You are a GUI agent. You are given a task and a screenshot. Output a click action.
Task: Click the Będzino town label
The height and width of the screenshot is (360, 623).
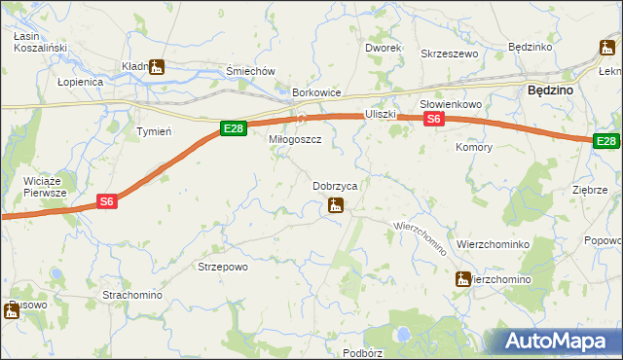coord(549,89)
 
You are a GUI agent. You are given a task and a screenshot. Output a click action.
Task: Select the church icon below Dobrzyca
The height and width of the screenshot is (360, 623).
coord(335,205)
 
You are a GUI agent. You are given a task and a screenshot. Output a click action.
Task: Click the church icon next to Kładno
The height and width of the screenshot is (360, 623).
coord(157,67)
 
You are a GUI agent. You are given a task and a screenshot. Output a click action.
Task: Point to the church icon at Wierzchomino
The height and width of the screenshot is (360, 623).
coord(462,279)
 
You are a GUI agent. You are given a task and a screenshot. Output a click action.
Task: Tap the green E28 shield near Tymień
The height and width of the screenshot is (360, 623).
coord(232,127)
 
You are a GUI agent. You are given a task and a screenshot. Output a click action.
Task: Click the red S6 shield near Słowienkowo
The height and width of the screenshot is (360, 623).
coord(434,119)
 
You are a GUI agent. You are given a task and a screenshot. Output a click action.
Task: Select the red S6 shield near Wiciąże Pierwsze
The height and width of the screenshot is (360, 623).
coord(108,201)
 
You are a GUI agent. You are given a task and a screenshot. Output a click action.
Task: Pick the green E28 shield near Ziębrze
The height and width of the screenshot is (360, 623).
coord(606,141)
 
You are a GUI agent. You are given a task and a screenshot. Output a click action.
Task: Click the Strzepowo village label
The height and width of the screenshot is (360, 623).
coord(224,267)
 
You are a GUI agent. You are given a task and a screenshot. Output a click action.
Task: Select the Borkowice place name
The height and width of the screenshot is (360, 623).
coord(317,92)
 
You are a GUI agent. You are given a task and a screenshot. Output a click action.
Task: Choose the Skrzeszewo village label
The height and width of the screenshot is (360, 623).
coord(449,54)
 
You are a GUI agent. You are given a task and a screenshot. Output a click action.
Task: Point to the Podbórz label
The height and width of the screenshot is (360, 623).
coord(362,352)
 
